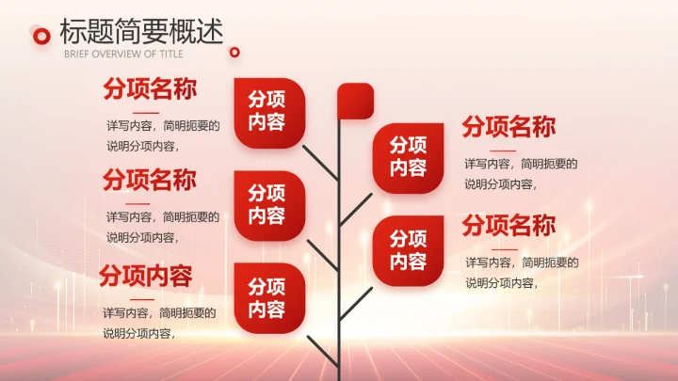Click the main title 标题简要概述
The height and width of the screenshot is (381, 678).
coord(141,32)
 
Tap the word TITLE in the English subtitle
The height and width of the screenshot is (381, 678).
coord(170,54)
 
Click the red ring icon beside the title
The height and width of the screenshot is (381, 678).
coord(41,36)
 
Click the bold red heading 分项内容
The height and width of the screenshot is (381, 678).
coord(146,277)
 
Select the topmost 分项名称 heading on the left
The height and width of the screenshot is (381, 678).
coord(150,90)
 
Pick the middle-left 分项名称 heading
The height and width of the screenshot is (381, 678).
coord(150,179)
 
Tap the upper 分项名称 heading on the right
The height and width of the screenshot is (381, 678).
coord(508,127)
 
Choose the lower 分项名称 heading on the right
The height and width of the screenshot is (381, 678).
coord(508,226)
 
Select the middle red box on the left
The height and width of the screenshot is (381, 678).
coord(268,204)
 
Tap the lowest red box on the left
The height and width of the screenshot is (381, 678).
coord(268,297)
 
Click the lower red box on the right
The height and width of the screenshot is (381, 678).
coord(408,250)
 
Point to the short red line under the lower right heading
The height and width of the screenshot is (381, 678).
coord(504,249)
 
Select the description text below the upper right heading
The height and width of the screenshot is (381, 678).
coord(520,173)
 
